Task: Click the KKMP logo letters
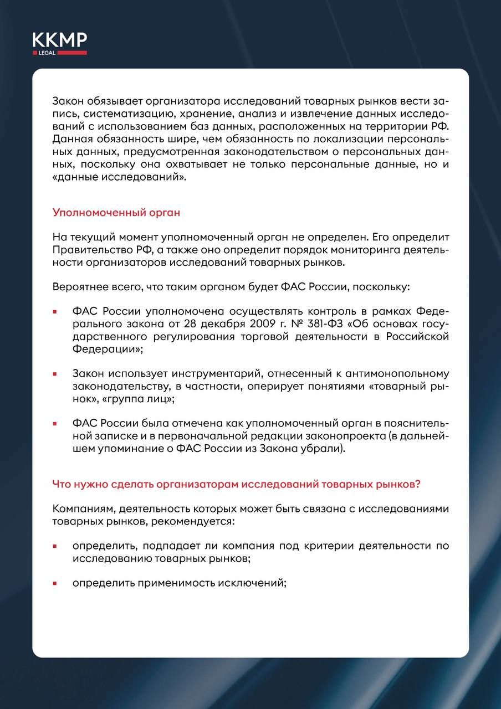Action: (59, 40)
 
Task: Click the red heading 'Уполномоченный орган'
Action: (116, 212)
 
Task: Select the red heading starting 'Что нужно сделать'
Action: (236, 484)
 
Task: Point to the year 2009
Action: (278, 323)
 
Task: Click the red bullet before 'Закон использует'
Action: (55, 374)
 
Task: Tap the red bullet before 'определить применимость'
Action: (55, 584)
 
